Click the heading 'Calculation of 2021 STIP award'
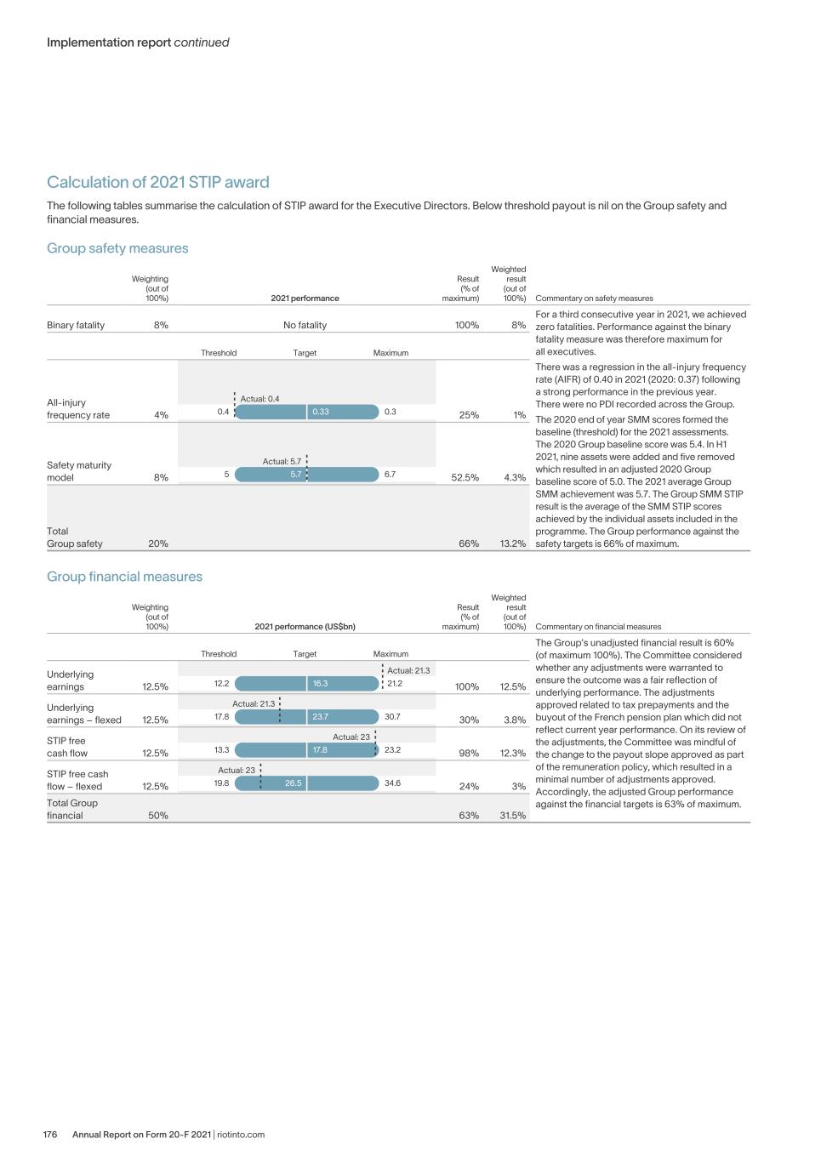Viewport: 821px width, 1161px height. (157, 182)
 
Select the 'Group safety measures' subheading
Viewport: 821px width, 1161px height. (117, 248)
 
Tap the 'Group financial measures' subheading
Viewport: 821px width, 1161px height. (124, 577)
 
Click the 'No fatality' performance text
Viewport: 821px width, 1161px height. (305, 325)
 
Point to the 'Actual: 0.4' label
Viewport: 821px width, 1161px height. (259, 399)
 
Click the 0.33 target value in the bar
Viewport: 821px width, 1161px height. (321, 412)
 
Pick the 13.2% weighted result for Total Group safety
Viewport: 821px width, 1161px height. (513, 544)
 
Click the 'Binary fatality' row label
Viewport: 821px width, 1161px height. (76, 325)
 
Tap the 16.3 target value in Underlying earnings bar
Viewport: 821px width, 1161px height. (320, 683)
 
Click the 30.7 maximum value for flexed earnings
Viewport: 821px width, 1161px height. (392, 716)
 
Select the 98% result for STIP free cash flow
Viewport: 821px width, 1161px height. (469, 753)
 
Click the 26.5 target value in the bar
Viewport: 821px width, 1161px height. (293, 783)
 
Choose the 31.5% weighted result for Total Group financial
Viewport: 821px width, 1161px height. (513, 815)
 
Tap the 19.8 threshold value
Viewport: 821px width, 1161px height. (221, 783)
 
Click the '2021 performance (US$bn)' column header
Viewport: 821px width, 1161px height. (305, 627)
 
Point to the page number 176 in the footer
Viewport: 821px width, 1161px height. (50, 1134)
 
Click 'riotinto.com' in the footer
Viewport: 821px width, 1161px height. (241, 1134)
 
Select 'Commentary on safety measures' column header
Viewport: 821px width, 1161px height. (594, 299)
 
